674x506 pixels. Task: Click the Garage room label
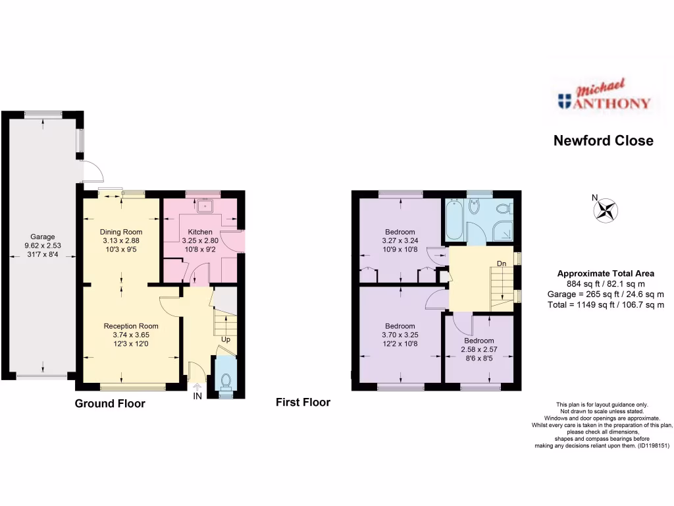tap(42, 237)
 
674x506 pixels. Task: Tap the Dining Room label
tap(120, 232)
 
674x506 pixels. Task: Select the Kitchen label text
tap(200, 232)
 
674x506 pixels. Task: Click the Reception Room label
tap(131, 325)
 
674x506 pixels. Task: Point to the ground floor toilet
tap(226, 379)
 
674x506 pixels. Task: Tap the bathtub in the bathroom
tap(454, 221)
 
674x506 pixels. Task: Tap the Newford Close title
tap(603, 140)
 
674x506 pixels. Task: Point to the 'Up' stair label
tap(226, 340)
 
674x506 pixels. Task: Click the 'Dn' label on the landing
tap(502, 264)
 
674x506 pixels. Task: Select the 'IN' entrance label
tap(197, 396)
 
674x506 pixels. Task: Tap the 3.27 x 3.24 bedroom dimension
tap(400, 240)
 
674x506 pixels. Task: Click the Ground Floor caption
tap(109, 403)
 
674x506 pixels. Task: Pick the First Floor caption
tap(303, 402)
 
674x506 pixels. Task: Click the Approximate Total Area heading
tap(606, 273)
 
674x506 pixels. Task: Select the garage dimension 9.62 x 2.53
tap(42, 246)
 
